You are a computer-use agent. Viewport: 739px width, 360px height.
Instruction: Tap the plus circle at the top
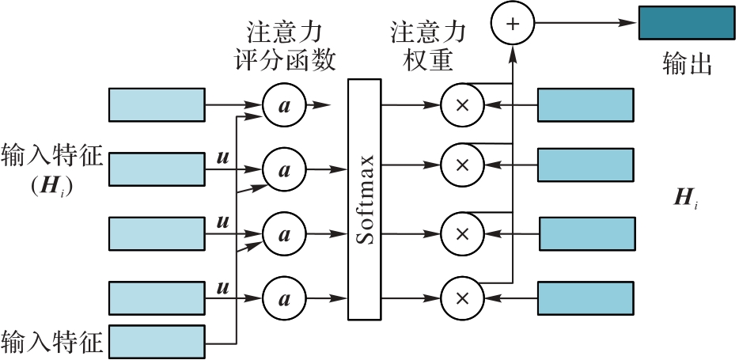click(x=513, y=24)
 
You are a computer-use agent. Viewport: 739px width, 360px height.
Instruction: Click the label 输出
click(x=687, y=64)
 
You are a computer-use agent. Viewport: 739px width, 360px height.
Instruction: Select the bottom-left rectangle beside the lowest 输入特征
click(x=156, y=342)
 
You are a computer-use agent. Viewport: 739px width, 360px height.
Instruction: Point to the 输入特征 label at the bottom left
click(x=52, y=343)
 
